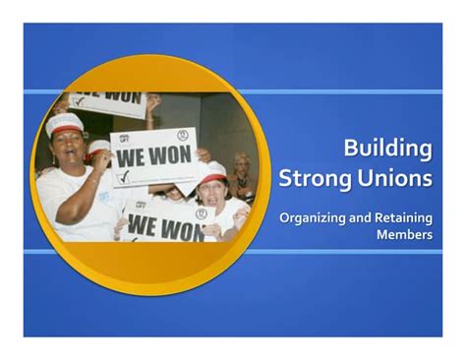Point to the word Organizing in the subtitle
tap(312, 216)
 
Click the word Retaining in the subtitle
tap(403, 216)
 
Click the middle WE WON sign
tap(153, 155)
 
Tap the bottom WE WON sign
tap(164, 226)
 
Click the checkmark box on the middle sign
tap(125, 178)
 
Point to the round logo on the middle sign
tap(182, 135)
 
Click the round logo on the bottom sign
tap(201, 212)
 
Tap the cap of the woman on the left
tap(65, 123)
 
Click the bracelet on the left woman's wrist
tap(91, 181)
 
